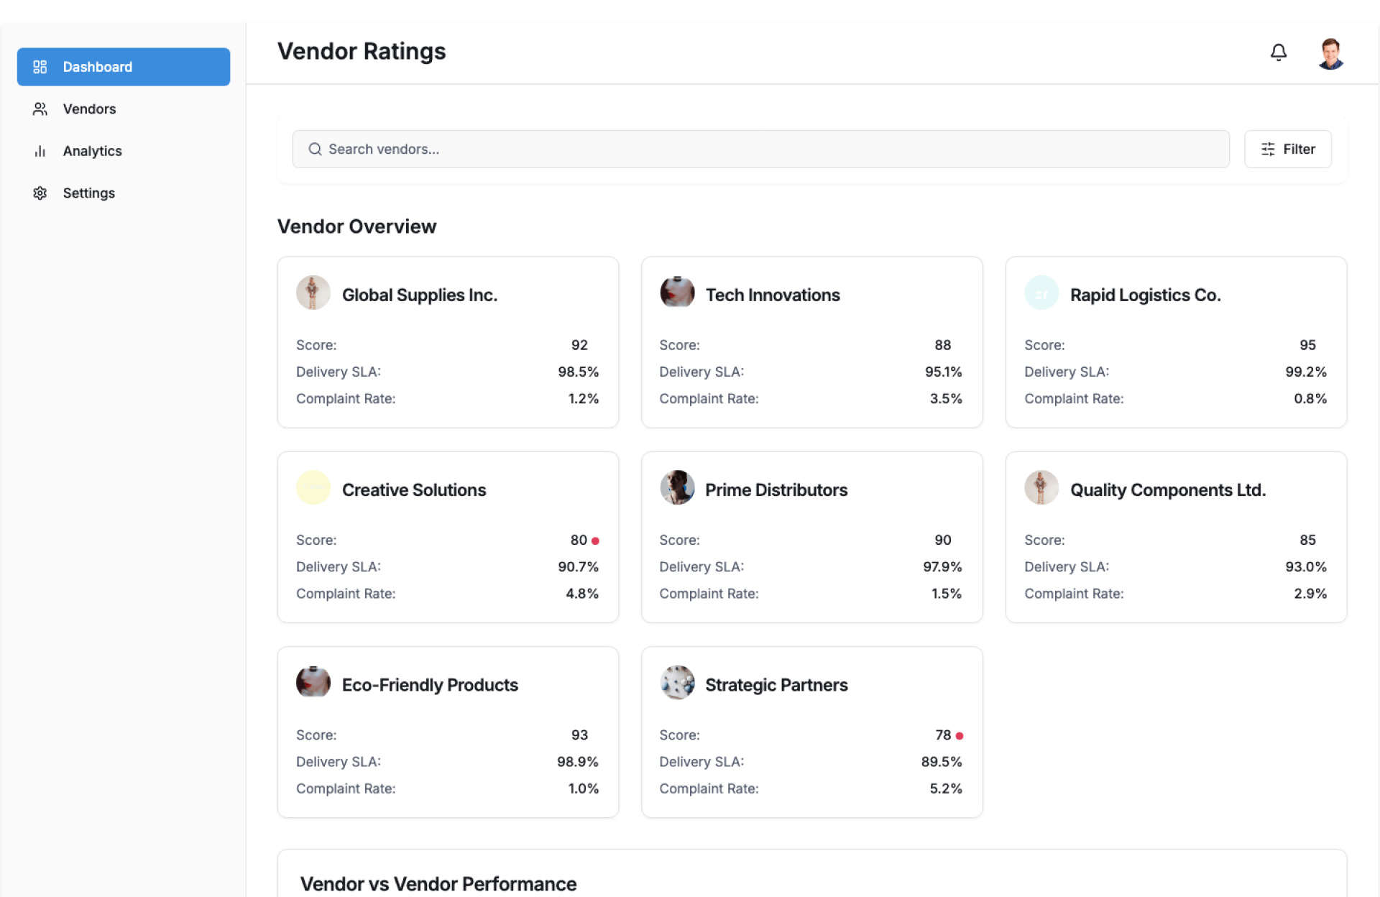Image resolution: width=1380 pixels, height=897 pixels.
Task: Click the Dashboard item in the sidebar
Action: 123,67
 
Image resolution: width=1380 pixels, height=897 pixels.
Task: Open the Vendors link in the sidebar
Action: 89,109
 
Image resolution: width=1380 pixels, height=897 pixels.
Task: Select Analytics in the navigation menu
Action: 92,151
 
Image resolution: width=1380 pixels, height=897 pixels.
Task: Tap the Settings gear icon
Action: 40,193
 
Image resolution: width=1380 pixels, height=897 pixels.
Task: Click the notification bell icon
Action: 1278,52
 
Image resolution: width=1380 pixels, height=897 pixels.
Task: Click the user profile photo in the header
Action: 1330,53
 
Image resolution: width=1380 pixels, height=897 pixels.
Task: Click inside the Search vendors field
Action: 760,149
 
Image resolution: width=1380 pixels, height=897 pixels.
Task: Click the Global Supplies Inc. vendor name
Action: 419,295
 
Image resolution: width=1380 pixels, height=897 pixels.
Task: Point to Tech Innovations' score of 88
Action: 942,345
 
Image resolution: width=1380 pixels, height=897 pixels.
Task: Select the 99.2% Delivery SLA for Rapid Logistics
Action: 1305,372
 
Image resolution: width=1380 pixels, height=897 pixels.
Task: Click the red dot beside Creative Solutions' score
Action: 595,540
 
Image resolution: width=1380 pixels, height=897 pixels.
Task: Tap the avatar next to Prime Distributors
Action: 677,488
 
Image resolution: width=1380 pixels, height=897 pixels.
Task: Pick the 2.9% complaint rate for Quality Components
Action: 1310,594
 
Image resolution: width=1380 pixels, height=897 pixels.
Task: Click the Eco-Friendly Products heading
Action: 430,685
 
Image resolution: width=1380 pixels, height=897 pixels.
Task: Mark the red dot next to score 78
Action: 960,735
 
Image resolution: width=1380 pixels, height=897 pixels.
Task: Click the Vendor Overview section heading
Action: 356,226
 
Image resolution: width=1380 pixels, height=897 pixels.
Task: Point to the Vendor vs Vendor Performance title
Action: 438,883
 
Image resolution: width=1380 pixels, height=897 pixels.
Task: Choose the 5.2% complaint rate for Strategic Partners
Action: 945,788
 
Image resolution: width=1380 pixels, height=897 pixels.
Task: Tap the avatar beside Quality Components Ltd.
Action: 1041,488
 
